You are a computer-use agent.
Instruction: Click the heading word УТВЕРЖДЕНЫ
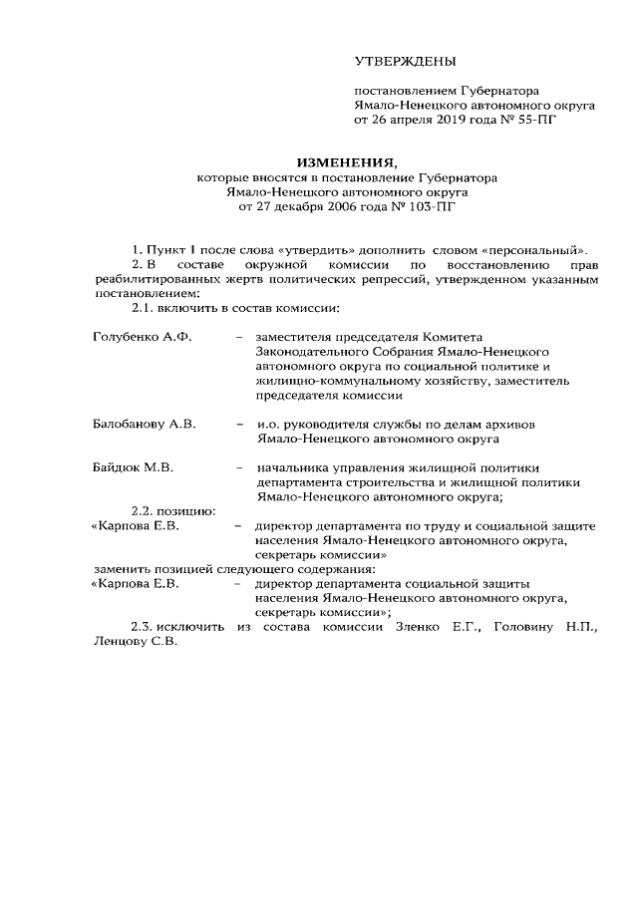pos(405,62)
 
